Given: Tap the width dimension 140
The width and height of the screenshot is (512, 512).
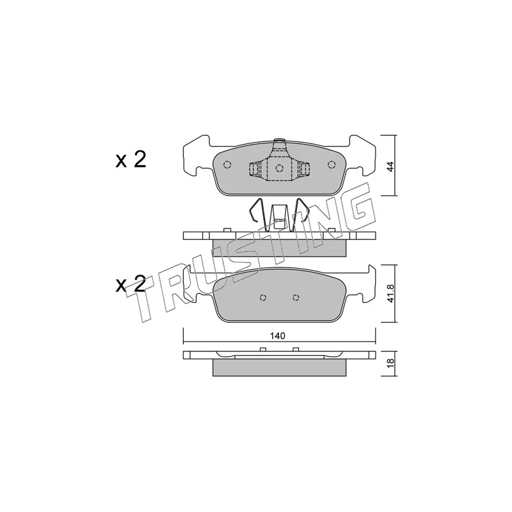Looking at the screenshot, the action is pyautogui.click(x=278, y=335).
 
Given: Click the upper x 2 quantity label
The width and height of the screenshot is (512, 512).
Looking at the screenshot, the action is pyautogui.click(x=131, y=159).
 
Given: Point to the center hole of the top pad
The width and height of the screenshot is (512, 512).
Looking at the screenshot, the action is pyautogui.click(x=279, y=168).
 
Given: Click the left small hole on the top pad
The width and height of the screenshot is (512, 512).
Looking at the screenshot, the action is pyautogui.click(x=227, y=165).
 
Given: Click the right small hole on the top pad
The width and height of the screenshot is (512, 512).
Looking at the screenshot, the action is pyautogui.click(x=332, y=164).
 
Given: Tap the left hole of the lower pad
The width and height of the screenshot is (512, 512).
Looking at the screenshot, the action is pyautogui.click(x=263, y=298).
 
